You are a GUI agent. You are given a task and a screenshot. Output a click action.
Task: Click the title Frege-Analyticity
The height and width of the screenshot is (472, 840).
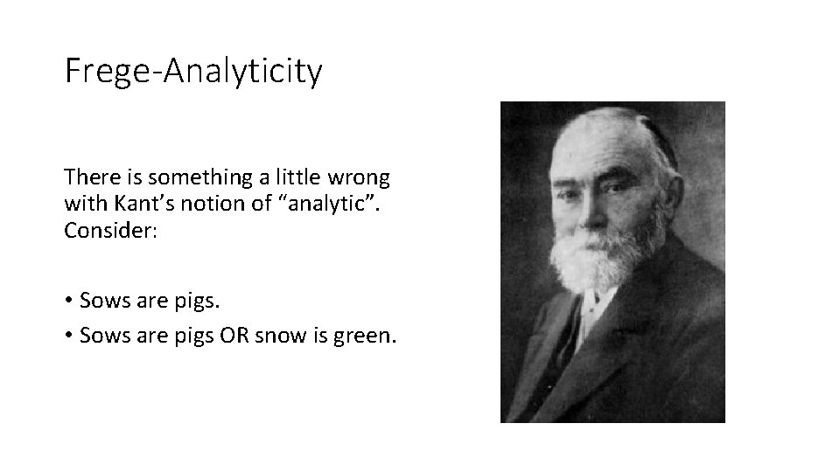coord(193,71)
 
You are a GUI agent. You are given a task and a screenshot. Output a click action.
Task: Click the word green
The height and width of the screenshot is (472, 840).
coord(365,336)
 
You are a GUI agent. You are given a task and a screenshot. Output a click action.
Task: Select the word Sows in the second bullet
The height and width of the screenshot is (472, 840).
coord(101,336)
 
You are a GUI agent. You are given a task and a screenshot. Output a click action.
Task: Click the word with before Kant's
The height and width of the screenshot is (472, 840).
coord(82,204)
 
